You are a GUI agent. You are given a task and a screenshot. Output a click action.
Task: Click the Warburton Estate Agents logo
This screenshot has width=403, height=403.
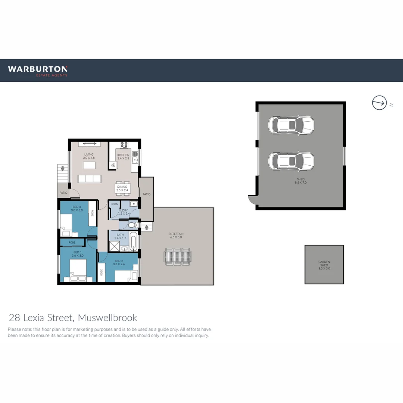38,71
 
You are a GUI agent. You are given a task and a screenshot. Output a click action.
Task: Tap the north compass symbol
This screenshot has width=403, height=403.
379,103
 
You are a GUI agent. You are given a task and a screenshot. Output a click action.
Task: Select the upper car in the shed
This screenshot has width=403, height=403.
291,125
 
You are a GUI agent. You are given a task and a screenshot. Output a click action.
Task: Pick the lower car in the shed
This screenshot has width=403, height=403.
291,161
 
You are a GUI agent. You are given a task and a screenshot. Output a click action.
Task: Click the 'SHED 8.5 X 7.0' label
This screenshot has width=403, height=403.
300,181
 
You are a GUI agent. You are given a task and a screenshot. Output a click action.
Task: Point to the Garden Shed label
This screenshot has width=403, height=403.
324,265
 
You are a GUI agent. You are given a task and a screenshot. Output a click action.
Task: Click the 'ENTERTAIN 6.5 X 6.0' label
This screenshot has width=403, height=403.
176,236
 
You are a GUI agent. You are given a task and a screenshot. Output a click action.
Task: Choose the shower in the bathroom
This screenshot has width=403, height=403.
114,246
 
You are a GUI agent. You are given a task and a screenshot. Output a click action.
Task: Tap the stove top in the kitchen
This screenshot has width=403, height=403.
124,145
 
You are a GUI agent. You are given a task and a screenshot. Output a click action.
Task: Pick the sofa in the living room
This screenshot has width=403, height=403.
89,179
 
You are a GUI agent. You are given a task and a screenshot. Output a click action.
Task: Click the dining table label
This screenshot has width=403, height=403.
122,188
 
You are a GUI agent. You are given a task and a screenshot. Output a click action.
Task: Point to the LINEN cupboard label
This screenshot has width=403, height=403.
114,204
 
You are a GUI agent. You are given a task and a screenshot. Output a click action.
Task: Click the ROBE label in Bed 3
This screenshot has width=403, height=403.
92,213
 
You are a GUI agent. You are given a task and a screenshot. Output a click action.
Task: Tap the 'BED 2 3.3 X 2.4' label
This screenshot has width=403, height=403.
119,262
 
